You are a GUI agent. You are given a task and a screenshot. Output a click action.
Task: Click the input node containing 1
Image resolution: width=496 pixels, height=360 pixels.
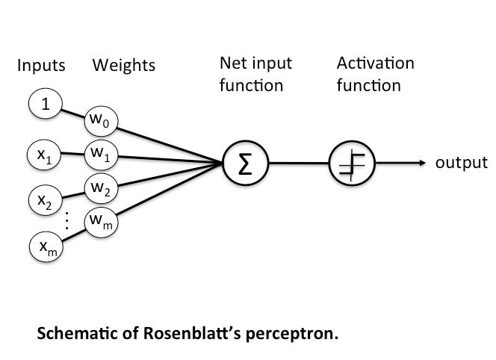[x=46, y=104]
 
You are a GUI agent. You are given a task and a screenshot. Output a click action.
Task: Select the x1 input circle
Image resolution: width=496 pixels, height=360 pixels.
[x=44, y=155]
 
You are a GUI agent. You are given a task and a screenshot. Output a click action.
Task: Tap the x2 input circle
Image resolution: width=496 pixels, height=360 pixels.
[x=46, y=200]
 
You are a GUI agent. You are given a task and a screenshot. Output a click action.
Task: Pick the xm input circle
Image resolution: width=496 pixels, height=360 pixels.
[x=46, y=246]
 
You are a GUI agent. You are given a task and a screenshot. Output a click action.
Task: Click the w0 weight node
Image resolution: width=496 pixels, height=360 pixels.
[x=101, y=122]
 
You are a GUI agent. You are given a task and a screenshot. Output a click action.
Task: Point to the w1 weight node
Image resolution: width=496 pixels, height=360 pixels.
[x=101, y=155]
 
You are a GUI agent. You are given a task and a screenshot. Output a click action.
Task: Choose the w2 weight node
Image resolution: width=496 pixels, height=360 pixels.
[x=101, y=188]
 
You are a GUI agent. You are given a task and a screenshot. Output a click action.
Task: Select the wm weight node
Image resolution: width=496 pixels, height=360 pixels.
[x=101, y=222]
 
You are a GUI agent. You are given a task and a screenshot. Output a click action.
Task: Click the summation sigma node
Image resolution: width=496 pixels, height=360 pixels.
[x=245, y=163]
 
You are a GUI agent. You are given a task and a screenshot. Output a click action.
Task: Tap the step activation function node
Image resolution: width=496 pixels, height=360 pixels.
[x=352, y=163]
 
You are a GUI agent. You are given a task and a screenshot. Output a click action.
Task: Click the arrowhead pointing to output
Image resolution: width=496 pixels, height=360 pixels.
[x=422, y=163]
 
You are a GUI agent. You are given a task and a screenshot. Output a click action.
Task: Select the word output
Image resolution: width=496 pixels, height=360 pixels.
[x=462, y=163]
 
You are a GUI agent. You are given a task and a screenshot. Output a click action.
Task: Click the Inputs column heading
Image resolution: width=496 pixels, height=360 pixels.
[x=41, y=66]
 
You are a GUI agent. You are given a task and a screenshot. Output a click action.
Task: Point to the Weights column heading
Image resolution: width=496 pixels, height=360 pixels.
[x=124, y=66]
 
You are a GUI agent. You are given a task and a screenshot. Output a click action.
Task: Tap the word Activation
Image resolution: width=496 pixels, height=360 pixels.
[x=376, y=63]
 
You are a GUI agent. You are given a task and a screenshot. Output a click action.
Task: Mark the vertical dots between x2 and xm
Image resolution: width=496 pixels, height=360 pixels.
[x=66, y=220]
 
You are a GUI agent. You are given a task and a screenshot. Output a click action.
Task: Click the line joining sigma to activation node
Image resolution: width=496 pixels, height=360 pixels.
[x=299, y=163]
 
